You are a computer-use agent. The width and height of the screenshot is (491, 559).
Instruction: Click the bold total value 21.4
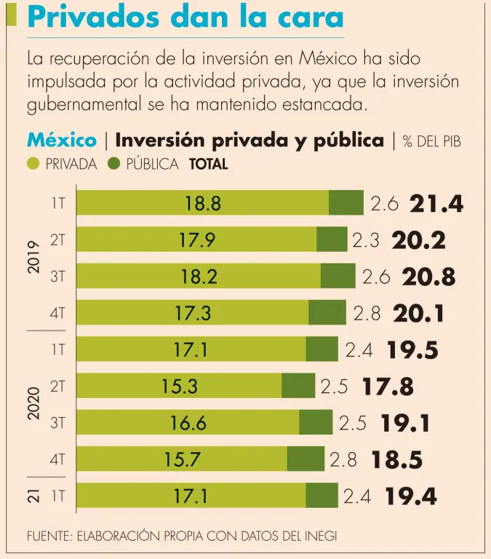tap(436, 204)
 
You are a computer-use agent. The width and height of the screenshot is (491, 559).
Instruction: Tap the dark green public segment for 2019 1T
tap(346, 203)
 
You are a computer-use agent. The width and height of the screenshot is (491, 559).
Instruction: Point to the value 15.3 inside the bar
tap(180, 386)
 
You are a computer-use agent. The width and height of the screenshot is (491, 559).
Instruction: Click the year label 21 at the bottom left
tap(33, 496)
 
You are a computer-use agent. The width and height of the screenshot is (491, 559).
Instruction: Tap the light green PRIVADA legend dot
tap(33, 164)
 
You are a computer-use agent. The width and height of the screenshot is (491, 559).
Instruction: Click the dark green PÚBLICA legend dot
tap(114, 164)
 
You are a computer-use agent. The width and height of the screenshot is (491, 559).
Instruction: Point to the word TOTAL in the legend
tap(208, 164)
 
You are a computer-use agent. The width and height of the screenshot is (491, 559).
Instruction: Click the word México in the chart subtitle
tap(61, 140)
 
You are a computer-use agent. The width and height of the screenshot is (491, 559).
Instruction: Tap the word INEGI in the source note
tap(319, 536)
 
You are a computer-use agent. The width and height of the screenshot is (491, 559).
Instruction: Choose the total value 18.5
tap(396, 460)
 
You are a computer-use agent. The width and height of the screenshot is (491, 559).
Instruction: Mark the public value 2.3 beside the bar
tap(366, 240)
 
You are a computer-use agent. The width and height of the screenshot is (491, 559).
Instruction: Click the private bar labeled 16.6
tap(188, 423)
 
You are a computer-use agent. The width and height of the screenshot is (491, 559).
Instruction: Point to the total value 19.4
tap(411, 497)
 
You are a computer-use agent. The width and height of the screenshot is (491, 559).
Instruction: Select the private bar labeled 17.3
tap(192, 314)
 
